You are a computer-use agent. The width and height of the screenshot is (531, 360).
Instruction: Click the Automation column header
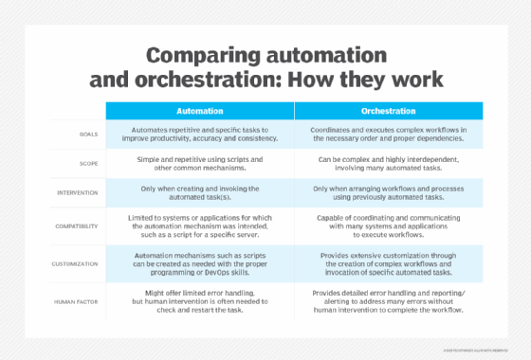click(199, 111)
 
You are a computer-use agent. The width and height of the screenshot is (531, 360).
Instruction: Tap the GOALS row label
click(86, 135)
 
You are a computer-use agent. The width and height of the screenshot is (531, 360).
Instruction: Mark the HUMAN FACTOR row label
click(78, 300)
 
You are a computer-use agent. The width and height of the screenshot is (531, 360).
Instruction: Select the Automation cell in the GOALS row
click(199, 135)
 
